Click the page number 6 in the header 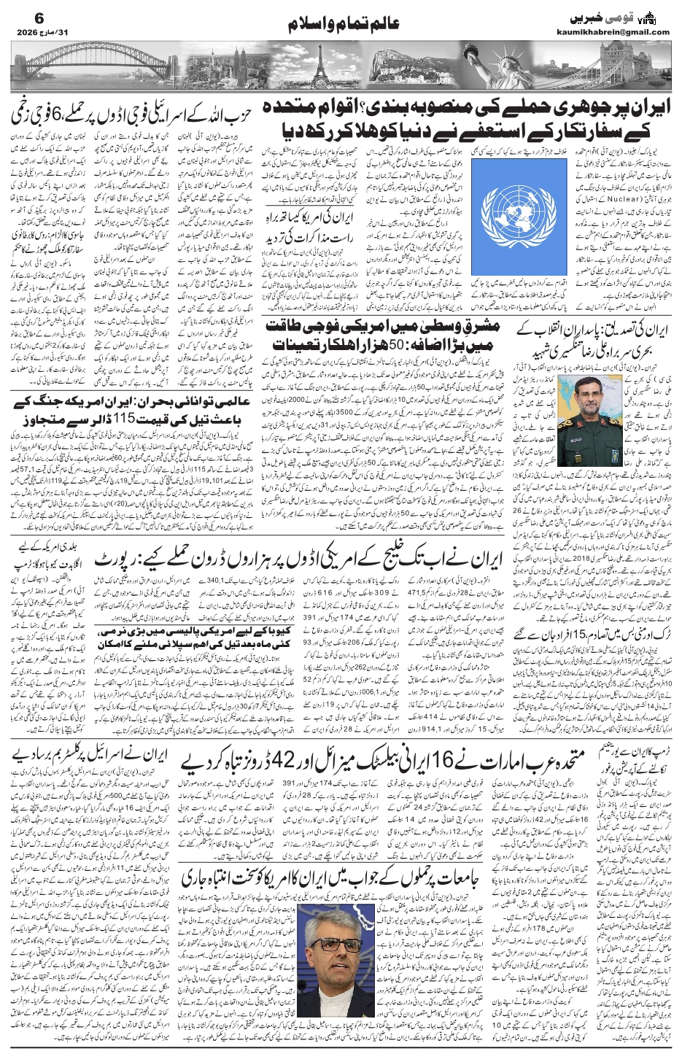pos(20,16)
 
